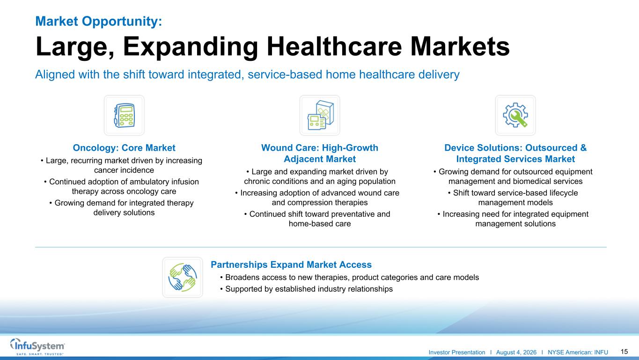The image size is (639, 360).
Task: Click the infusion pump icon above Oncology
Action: tap(124, 115)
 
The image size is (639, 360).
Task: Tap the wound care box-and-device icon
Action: tap(320, 115)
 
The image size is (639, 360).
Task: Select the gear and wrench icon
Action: tap(515, 115)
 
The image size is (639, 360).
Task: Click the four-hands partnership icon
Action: tap(183, 277)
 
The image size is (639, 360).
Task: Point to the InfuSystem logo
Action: tap(37, 346)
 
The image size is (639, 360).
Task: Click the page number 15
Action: tap(624, 352)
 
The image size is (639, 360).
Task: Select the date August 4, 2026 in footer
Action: tap(516, 353)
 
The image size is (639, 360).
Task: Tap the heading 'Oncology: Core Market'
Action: tap(124, 148)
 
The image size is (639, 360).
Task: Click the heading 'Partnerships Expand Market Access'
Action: tap(291, 264)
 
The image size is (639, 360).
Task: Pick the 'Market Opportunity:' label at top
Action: tap(99, 21)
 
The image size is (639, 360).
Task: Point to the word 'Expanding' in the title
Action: tap(190, 47)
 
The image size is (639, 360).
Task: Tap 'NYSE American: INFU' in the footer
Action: tap(578, 353)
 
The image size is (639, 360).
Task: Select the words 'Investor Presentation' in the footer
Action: tap(457, 353)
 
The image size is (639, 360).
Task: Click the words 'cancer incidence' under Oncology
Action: tap(124, 170)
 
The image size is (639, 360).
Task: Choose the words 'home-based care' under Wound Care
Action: tap(320, 224)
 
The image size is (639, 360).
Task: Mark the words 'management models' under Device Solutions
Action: tap(515, 203)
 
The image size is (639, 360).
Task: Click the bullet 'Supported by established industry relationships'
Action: tap(306, 289)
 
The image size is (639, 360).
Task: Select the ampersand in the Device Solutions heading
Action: tap(583, 148)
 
